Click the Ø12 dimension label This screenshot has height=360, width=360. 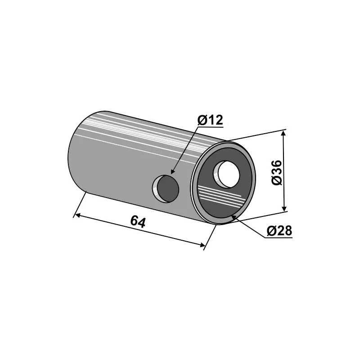(x=210, y=120)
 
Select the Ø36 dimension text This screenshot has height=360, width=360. (x=276, y=172)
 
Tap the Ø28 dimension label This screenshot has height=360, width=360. (x=279, y=231)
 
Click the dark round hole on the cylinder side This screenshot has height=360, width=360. (x=166, y=189)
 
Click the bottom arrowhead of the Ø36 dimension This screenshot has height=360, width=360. (x=284, y=208)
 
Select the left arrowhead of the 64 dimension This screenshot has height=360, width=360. (x=77, y=216)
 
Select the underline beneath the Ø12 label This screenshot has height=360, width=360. (x=211, y=126)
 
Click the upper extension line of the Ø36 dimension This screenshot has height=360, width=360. (x=256, y=135)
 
